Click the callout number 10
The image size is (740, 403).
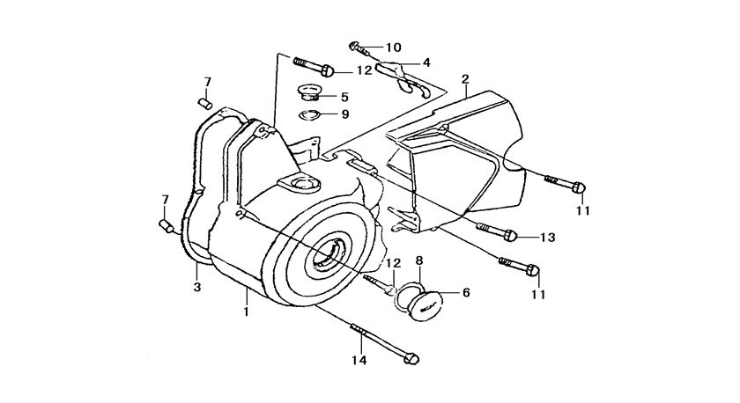pyautogui.click(x=392, y=47)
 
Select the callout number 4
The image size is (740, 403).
pyautogui.click(x=425, y=62)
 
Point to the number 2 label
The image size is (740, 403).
pyautogui.click(x=464, y=79)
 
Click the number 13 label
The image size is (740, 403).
pyautogui.click(x=547, y=237)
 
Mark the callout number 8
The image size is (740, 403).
pyautogui.click(x=419, y=260)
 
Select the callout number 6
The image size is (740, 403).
pyautogui.click(x=466, y=292)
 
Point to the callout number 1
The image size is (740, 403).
pyautogui.click(x=248, y=311)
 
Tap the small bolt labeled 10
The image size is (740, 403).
pyautogui.click(x=356, y=46)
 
